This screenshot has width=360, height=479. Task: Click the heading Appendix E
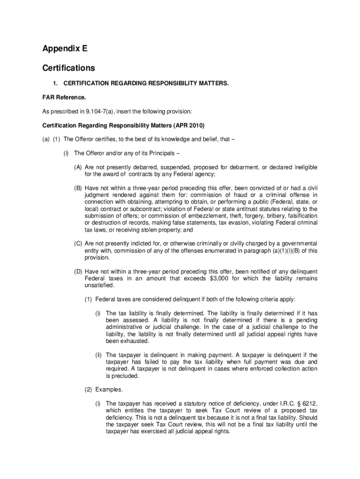(65, 49)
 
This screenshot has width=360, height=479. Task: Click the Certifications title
(68, 68)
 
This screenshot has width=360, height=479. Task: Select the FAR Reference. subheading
(64, 98)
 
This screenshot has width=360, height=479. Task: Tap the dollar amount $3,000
(222, 278)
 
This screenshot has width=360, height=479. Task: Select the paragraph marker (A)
(78, 167)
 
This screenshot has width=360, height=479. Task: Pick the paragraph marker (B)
(78, 188)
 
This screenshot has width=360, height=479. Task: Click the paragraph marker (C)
(78, 243)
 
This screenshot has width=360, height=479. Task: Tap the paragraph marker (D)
(78, 271)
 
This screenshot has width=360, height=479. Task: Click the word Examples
(109, 389)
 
